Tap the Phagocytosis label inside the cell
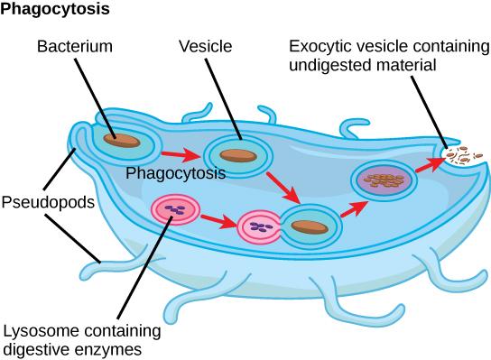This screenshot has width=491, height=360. click(176, 172)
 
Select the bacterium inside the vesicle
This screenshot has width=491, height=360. click(238, 155)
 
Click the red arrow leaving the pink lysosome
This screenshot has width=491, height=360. click(218, 218)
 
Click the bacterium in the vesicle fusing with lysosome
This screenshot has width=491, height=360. click(309, 226)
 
